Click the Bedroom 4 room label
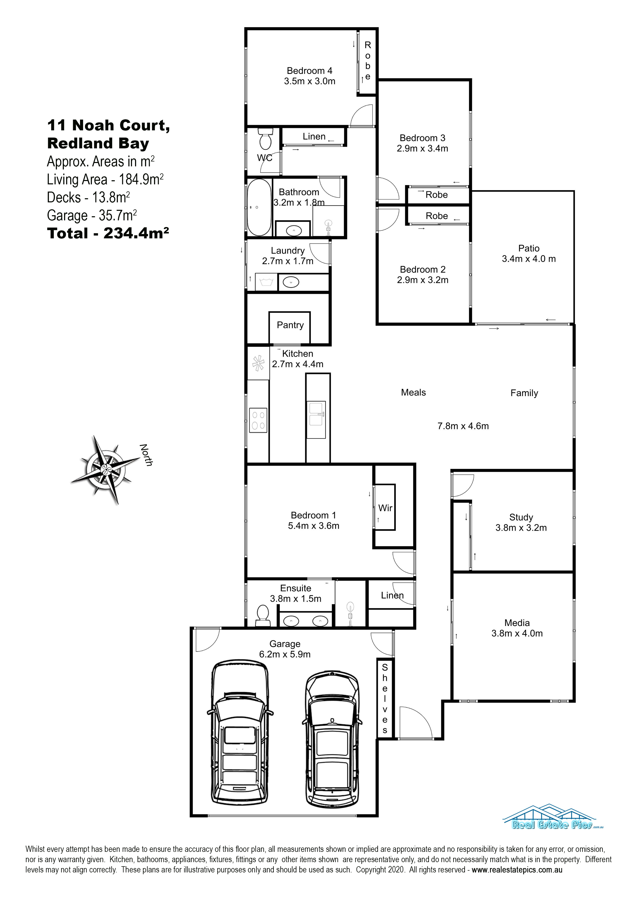pyautogui.click(x=309, y=71)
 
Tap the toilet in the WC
pyautogui.click(x=266, y=139)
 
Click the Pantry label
pyautogui.click(x=290, y=325)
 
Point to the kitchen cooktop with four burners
pyautogui.click(x=258, y=420)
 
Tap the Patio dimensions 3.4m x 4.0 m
pyautogui.click(x=528, y=259)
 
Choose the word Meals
pyautogui.click(x=413, y=392)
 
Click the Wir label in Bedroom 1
pyautogui.click(x=385, y=508)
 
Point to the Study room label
pyautogui.click(x=521, y=517)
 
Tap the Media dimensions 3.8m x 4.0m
pyautogui.click(x=517, y=633)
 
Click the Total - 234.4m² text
pyautogui.click(x=108, y=233)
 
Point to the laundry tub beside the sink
pyautogui.click(x=267, y=282)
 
